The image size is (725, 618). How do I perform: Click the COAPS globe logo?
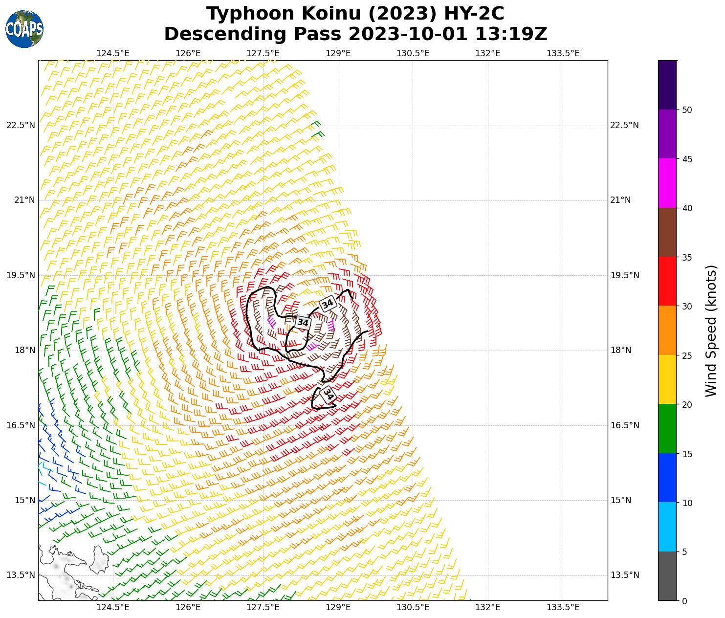click(24, 29)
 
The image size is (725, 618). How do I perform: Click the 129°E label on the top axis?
click(338, 53)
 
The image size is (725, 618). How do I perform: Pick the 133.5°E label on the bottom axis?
click(563, 607)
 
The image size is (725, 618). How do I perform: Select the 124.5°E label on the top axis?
click(113, 53)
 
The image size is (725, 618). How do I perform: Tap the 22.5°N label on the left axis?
click(21, 125)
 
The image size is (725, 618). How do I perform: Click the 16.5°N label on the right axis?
click(625, 425)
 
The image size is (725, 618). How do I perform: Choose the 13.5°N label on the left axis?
click(21, 575)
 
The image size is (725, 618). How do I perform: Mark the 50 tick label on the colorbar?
click(687, 110)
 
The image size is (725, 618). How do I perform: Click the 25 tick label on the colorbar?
click(687, 355)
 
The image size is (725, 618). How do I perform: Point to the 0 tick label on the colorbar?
click(684, 601)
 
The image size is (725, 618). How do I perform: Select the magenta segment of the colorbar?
click(667, 183)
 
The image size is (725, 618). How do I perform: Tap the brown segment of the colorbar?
click(667, 232)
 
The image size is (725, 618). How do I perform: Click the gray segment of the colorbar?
click(667, 576)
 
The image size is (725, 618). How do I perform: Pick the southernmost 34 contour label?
click(328, 394)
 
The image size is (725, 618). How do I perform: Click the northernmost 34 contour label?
click(328, 304)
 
